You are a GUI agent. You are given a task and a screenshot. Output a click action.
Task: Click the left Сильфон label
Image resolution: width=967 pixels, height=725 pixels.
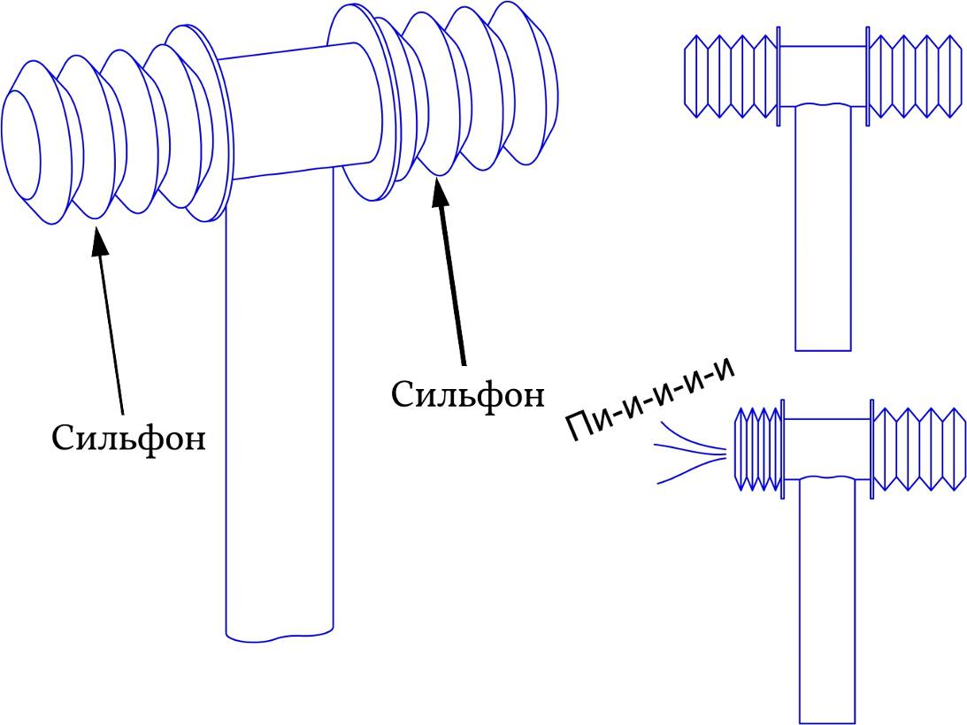128,438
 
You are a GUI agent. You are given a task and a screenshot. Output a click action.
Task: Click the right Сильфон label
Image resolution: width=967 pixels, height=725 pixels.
467,393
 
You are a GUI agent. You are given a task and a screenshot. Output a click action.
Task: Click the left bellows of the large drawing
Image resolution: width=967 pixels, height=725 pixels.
115,137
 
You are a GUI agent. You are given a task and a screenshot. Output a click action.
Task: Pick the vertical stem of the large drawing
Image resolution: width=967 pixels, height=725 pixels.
279,398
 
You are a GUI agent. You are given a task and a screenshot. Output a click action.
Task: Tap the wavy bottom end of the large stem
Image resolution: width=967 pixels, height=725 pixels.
279,633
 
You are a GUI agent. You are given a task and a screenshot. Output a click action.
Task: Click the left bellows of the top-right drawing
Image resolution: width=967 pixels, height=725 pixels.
730,76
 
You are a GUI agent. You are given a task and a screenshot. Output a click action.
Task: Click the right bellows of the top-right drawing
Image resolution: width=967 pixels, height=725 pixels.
916,76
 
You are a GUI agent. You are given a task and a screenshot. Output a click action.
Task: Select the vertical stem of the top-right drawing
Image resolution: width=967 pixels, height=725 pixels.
823,230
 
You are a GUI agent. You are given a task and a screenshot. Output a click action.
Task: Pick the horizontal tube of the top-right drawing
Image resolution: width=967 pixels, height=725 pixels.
823,75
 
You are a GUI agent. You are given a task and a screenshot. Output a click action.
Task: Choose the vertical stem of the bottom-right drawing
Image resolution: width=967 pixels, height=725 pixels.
827,601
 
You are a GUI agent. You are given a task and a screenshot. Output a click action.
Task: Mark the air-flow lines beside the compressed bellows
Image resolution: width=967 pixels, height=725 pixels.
690,453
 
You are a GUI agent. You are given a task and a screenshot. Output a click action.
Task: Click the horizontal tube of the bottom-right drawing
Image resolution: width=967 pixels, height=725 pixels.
827,447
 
